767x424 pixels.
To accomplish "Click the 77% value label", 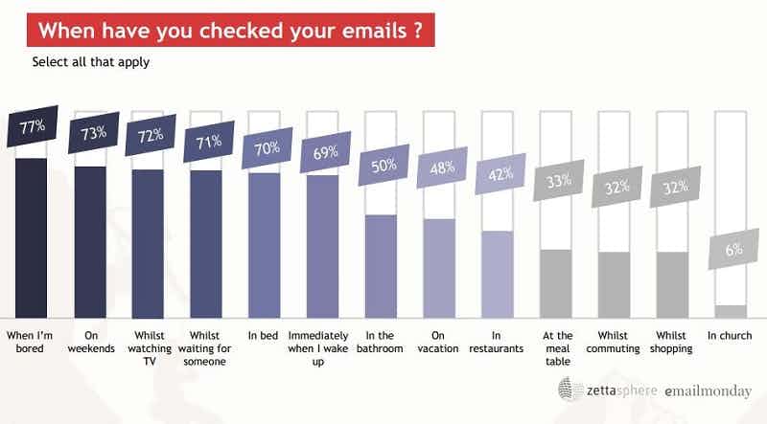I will coord(33,129).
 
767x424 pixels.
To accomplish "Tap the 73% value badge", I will coord(92,135).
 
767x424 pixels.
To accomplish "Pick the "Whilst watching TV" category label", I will coord(150,348).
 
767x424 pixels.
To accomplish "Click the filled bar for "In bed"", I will coord(264,245).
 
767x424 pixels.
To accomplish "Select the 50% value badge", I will coord(382,166).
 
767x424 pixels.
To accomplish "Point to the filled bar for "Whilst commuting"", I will coord(614,284).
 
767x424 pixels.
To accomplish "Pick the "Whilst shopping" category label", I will coord(671,342).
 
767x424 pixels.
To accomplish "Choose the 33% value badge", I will coord(556,181).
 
